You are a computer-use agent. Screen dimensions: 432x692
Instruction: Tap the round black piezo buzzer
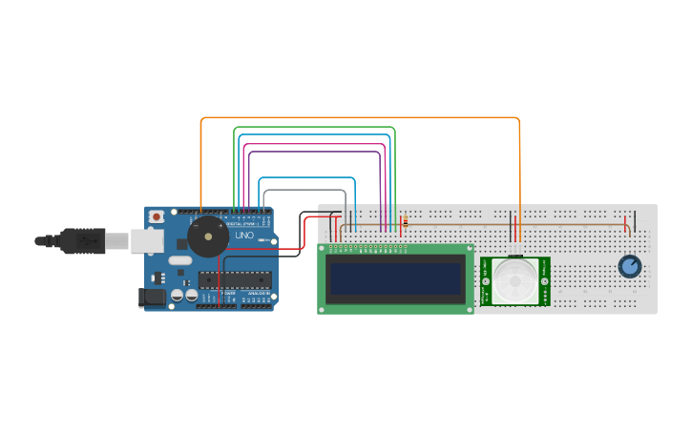[207, 236]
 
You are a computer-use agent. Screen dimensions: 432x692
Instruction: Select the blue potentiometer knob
[629, 266]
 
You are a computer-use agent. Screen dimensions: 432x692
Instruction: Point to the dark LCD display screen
[396, 279]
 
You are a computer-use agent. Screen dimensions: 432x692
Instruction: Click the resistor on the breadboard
[405, 223]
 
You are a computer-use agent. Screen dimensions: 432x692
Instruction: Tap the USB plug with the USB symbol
[83, 241]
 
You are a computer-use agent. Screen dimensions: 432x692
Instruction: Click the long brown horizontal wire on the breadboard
[515, 226]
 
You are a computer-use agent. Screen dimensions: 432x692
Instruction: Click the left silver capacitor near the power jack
[177, 296]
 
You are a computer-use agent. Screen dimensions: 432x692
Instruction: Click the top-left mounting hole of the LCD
[323, 249]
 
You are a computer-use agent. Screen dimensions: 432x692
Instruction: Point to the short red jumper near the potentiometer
[626, 225]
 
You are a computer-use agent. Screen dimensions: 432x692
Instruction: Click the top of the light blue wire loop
[306, 177]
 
